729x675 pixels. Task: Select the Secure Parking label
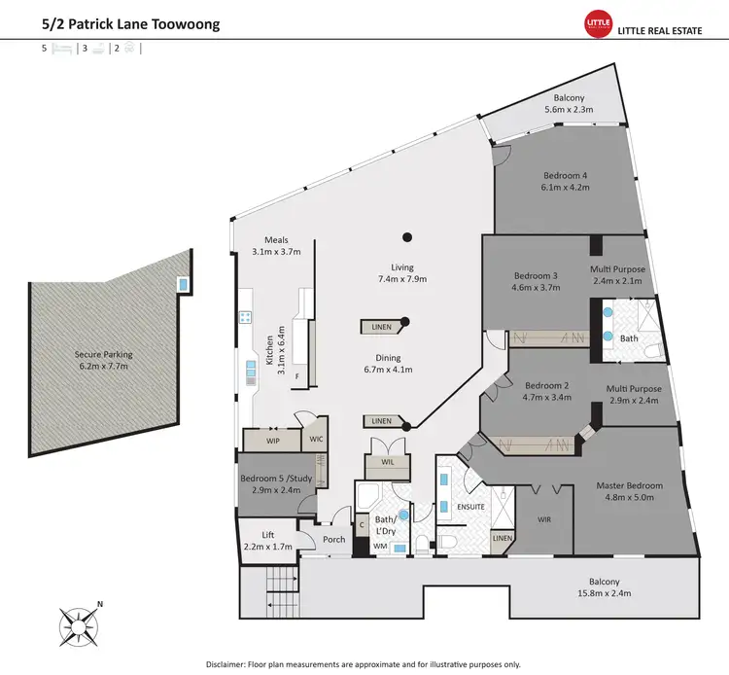click(101, 355)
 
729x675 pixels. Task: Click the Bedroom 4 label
click(567, 175)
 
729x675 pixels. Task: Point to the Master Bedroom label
click(629, 485)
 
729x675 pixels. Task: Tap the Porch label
click(334, 540)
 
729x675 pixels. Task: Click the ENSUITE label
click(469, 507)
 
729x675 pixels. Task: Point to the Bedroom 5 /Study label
click(275, 479)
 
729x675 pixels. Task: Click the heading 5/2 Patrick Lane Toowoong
click(130, 21)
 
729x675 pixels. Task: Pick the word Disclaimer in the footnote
click(231, 663)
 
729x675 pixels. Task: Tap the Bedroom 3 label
click(537, 275)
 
